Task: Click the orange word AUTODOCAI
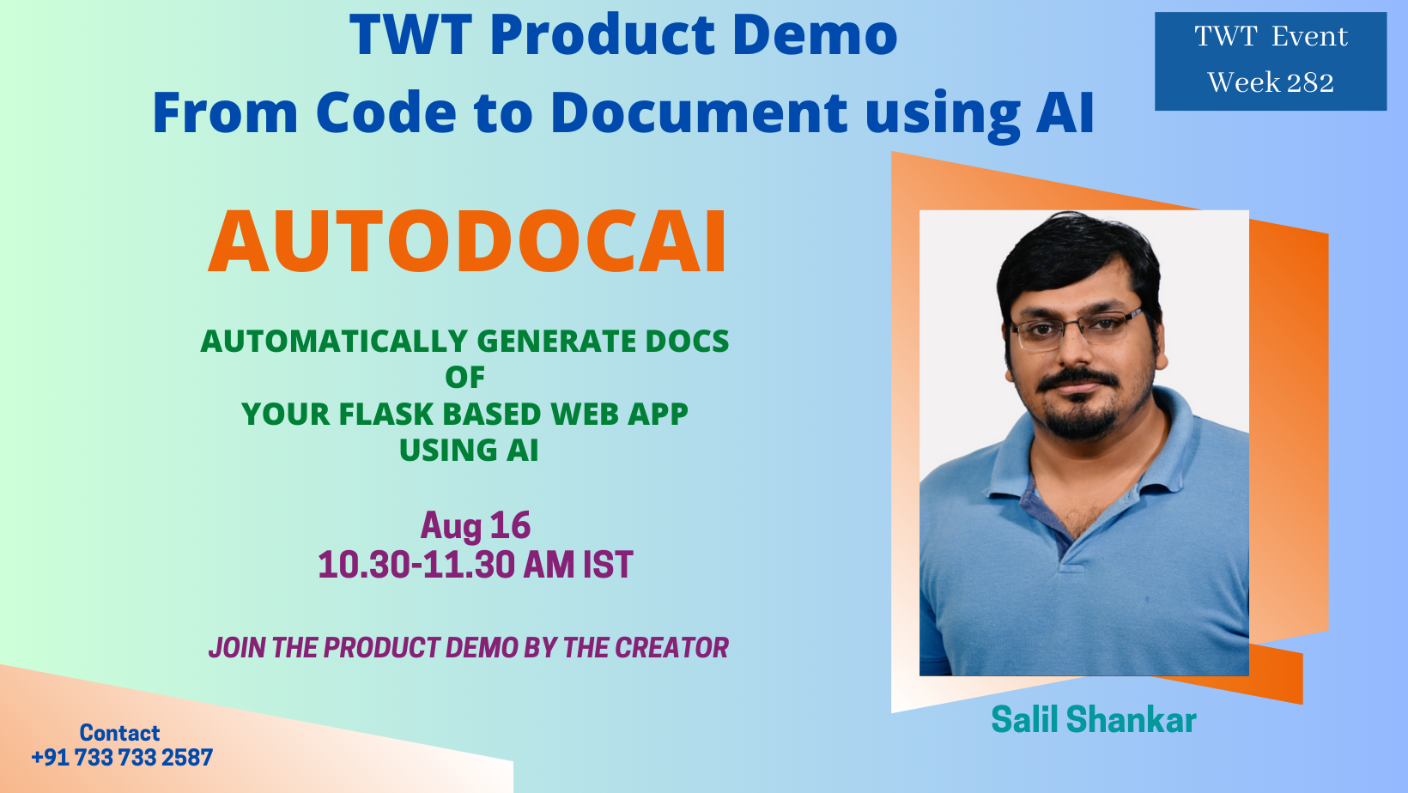[468, 242]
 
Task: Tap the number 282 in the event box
[1310, 83]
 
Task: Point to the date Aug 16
[476, 525]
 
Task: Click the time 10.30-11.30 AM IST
[476, 564]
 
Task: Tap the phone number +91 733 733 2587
[122, 758]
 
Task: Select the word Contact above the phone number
[119, 733]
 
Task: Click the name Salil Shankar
[1094, 719]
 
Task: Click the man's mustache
[1077, 380]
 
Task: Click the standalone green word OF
[465, 378]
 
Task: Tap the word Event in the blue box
[1309, 36]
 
